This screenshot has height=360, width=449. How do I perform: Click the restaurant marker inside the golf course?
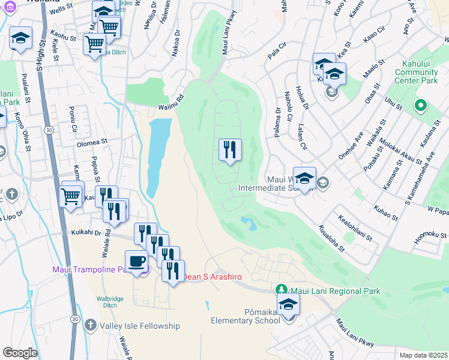[230, 150]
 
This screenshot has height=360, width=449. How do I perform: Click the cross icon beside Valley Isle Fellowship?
[90, 325]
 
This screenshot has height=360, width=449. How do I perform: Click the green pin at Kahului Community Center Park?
[421, 106]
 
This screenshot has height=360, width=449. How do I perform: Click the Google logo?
[20, 352]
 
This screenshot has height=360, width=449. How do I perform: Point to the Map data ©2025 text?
[421, 355]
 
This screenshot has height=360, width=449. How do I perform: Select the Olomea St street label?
[91, 143]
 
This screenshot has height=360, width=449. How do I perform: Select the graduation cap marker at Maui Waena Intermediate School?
[304, 178]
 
